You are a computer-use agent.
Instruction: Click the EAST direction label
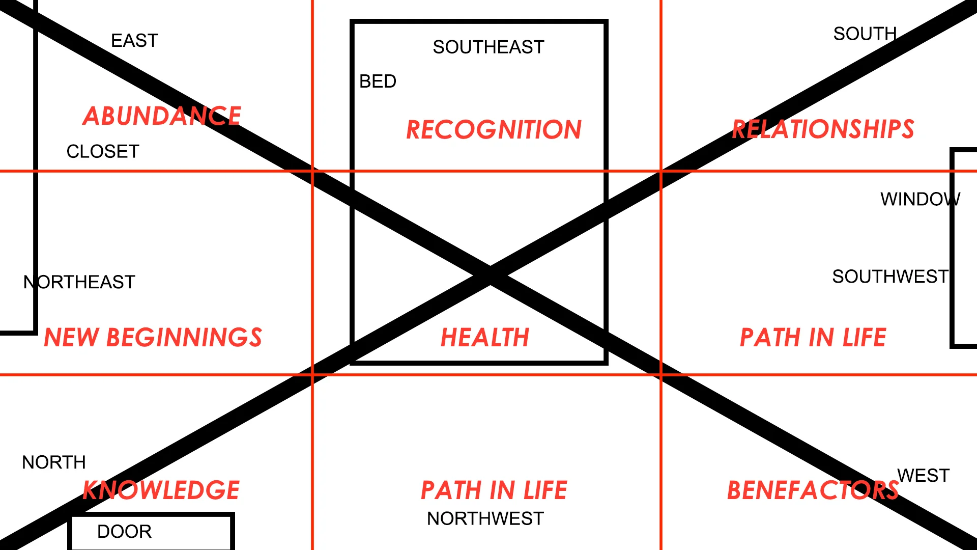click(x=134, y=41)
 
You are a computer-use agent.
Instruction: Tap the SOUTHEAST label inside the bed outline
click(x=488, y=47)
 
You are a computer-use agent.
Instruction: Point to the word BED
click(x=378, y=81)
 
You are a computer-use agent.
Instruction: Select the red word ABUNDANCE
click(x=162, y=116)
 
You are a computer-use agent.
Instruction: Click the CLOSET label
click(x=103, y=152)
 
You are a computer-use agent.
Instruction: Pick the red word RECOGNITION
click(x=494, y=130)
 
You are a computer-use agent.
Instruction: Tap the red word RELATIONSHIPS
click(x=823, y=129)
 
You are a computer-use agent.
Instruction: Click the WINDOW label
click(x=920, y=199)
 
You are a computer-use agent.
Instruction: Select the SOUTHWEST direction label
click(x=890, y=277)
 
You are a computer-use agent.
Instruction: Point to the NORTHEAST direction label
click(x=79, y=282)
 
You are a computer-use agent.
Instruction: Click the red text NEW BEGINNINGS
click(x=153, y=338)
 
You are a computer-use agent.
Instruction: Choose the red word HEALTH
click(x=485, y=338)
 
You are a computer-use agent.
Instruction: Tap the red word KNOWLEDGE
click(x=161, y=490)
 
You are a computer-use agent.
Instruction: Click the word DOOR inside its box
click(x=124, y=532)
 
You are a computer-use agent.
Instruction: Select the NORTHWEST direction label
click(x=485, y=518)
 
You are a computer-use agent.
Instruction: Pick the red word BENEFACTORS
click(x=813, y=490)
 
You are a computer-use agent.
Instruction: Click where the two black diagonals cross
click(x=491, y=276)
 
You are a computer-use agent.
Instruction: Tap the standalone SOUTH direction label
click(x=865, y=34)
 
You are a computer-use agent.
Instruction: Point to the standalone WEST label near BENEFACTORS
click(x=923, y=476)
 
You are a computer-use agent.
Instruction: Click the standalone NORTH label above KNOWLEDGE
click(x=54, y=462)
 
